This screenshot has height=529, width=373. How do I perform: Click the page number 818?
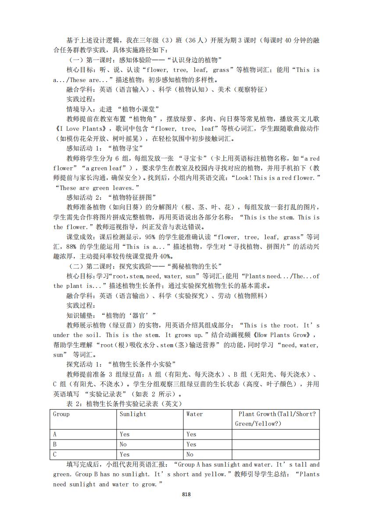pyautogui.click(x=186, y=494)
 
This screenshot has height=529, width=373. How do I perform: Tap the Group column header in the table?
pyautogui.click(x=61, y=414)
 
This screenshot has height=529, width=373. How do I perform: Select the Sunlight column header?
pyautogui.click(x=133, y=414)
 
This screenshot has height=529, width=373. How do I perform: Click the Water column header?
pyautogui.click(x=194, y=414)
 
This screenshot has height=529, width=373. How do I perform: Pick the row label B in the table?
pyautogui.click(x=55, y=444)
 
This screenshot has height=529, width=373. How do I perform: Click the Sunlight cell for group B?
pyautogui.click(x=123, y=444)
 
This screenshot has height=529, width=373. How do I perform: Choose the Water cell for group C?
pyautogui.click(x=190, y=454)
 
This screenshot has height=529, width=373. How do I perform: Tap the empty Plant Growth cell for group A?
pyautogui.click(x=275, y=434)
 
